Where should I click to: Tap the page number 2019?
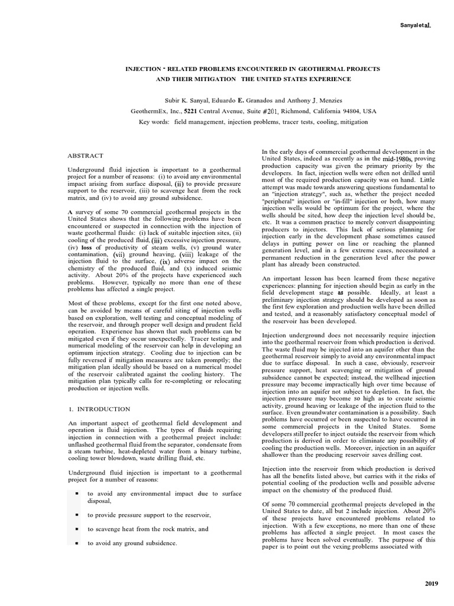pos(432,584)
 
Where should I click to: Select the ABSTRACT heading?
pos(86,156)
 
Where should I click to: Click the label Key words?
pos(154,122)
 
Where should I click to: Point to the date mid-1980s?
pos(397,159)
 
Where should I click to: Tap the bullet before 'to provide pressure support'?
pos(77,515)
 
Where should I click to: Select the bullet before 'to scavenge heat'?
pos(77,529)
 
